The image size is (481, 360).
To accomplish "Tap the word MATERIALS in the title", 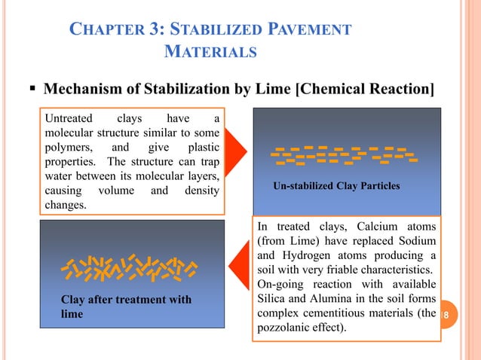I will coord(210,53).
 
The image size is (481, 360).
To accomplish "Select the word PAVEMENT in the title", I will coord(308,31).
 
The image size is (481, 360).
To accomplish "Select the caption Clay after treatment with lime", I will coord(126,307).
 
